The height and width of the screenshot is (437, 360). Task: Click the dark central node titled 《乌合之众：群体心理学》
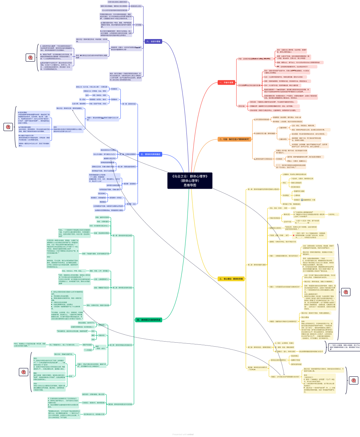(190, 181)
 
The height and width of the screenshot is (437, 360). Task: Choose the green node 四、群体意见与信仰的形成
(148, 320)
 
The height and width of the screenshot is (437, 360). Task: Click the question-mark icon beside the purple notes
(29, 57)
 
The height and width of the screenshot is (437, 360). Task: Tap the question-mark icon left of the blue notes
(8, 127)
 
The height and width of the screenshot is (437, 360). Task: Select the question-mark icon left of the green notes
(24, 372)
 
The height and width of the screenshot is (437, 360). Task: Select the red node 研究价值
(242, 106)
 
